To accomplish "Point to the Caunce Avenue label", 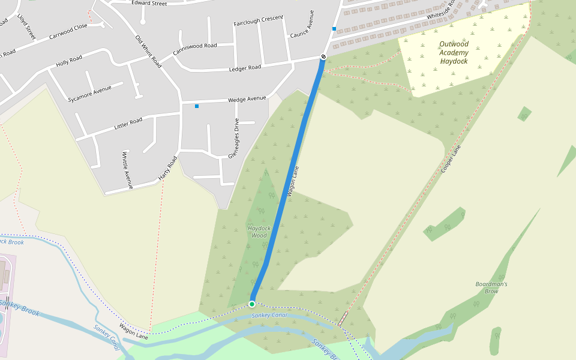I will [x=302, y=24].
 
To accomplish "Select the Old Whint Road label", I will [x=148, y=52].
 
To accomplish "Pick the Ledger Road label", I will [x=245, y=68].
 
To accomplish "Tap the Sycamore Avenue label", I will [x=90, y=94].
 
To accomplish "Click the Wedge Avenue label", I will [x=246, y=99].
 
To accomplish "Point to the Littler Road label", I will [x=128, y=124].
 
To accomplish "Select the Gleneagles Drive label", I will [x=233, y=139].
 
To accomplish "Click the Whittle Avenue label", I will [x=127, y=170].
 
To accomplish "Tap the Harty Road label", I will [x=169, y=169].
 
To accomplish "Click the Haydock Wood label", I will [x=259, y=232].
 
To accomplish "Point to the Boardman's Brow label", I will [x=491, y=287].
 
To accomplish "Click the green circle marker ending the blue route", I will [x=252, y=304].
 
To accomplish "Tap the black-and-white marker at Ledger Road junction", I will [x=323, y=57].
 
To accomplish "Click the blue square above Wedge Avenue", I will [x=196, y=106].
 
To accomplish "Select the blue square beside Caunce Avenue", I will [x=334, y=29].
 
